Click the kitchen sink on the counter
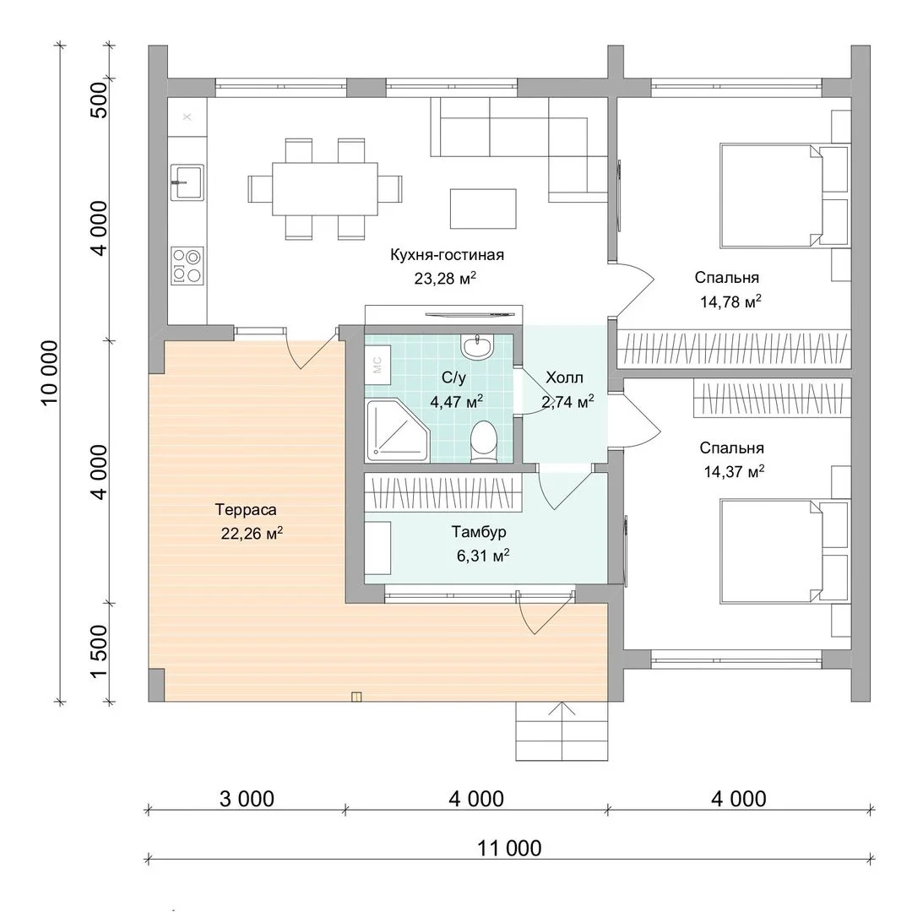tap(187, 182)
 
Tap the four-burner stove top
tap(187, 266)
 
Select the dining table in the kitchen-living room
tap(325, 189)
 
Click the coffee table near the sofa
tap(483, 209)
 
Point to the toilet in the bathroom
tap(483, 442)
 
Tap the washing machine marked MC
tap(377, 365)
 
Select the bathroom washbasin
tap(477, 346)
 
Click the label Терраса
tap(246, 509)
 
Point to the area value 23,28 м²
tap(445, 279)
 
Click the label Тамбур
tap(479, 532)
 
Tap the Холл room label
tap(564, 377)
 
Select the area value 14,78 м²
tap(730, 301)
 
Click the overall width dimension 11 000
tap(509, 848)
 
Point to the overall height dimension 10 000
tap(50, 372)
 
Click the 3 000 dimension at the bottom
tap(247, 799)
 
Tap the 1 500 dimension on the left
tap(100, 651)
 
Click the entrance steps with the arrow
tap(562, 730)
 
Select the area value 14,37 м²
tap(734, 471)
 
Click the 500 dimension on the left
tap(100, 100)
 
